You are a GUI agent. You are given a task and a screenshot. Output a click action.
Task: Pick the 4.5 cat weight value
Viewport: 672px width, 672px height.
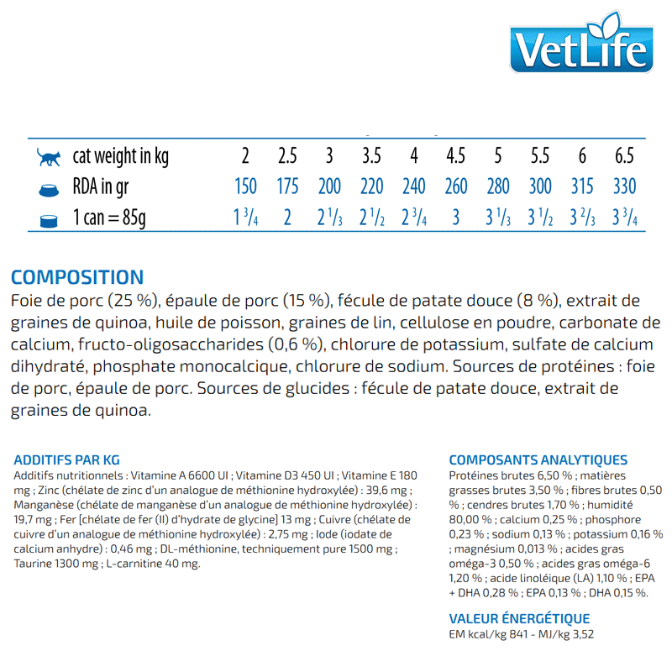tap(456, 156)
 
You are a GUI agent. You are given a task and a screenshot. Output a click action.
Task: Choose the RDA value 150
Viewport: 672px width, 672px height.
tap(245, 186)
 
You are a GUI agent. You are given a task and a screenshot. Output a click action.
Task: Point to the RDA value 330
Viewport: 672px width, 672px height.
tap(624, 186)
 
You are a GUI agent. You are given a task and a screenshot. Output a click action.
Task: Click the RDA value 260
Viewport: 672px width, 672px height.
tap(456, 186)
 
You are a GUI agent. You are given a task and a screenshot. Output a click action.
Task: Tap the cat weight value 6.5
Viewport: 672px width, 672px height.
tap(624, 156)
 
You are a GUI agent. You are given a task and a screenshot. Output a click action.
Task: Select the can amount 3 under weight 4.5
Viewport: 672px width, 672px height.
tap(456, 218)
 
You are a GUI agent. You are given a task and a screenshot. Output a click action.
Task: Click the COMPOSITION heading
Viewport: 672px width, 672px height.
tap(77, 277)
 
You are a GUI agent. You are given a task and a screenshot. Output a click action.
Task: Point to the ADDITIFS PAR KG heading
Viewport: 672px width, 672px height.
tap(67, 459)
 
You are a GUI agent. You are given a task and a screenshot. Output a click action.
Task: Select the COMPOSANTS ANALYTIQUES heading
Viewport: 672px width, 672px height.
tap(538, 459)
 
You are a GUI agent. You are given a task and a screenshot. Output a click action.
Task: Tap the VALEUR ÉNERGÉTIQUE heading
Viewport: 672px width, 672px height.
tap(519, 619)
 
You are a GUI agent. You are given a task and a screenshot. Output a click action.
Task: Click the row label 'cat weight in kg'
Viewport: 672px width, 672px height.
tap(121, 156)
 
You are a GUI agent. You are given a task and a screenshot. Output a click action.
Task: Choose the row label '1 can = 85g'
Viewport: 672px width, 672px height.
tap(109, 218)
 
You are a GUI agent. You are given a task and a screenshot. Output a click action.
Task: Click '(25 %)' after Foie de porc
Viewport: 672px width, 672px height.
tap(134, 302)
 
